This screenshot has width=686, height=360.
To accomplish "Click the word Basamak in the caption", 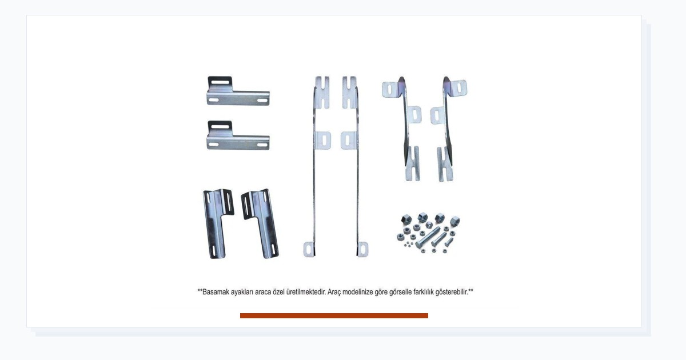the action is tap(216, 292).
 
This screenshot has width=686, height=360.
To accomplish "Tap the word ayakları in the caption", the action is tap(242, 293).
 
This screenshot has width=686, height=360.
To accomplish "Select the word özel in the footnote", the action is tap(279, 292).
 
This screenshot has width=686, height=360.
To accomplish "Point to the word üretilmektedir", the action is tap(306, 292).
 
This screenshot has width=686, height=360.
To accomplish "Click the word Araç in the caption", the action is tap(334, 293).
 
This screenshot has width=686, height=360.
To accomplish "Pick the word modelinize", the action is tap(358, 292).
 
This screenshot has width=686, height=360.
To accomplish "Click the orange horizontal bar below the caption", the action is tap(334, 315).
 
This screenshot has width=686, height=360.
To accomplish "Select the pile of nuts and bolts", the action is tap(428, 233).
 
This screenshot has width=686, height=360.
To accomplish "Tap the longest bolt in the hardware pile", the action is tap(428, 238).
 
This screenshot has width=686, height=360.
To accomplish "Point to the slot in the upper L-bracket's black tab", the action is tap(220, 82).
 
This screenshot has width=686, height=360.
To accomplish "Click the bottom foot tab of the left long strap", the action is tap(309, 249).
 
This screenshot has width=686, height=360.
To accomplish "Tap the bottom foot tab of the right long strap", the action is tap(362, 249).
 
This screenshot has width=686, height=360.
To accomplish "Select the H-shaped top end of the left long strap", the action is tap(322, 92).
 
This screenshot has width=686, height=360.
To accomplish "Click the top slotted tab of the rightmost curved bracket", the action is tap(458, 88).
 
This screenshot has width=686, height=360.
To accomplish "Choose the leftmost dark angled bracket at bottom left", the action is tap(216, 223).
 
